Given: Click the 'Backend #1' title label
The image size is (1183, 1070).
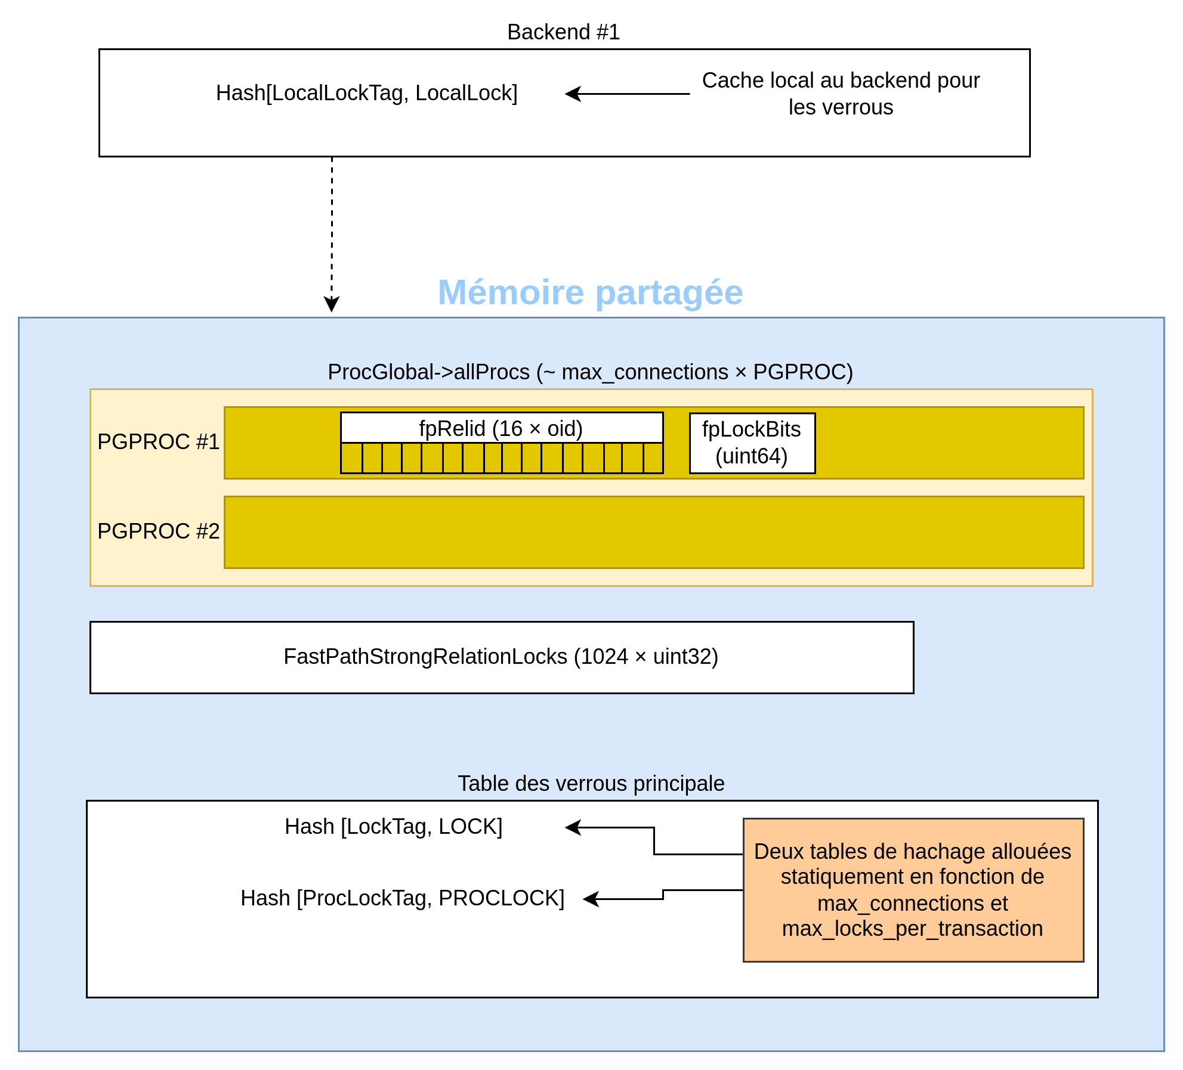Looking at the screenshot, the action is coord(563,32).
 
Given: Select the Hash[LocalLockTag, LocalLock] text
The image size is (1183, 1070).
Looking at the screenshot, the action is coord(367,93).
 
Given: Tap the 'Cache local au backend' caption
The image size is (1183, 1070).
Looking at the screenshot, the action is coord(841,94).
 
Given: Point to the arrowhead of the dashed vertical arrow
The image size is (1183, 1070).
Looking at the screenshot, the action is coord(332,304).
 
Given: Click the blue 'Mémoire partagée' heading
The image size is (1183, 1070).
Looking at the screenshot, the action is coord(591,292).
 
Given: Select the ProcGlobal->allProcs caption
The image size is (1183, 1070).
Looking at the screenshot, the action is coord(591,372).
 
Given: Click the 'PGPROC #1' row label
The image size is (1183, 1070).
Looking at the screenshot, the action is coord(159,442).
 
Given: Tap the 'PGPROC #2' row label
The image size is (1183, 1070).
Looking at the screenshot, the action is coord(159,531).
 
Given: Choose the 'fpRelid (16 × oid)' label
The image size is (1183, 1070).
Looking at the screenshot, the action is coord(501,428).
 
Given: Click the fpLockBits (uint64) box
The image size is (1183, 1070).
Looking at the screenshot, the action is coord(752,443).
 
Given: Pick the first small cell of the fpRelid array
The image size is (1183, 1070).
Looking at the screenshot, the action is coord(352,458).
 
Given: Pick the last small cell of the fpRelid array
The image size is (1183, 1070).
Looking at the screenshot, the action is coord(653,458).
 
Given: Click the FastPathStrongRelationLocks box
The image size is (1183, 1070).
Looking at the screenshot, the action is coord(502,657).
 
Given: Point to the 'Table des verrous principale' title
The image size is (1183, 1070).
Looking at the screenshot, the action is coord(591,784).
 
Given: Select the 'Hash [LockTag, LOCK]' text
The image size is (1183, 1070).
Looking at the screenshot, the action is coord(394,827).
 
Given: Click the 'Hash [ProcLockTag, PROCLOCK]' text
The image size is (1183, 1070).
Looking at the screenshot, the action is coord(403,898).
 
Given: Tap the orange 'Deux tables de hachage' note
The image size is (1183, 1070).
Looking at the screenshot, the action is coord(913,890).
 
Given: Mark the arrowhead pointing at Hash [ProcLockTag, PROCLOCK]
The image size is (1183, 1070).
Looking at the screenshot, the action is coord(591,899).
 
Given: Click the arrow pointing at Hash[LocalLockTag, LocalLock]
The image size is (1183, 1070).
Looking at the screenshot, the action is coord(628,94).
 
